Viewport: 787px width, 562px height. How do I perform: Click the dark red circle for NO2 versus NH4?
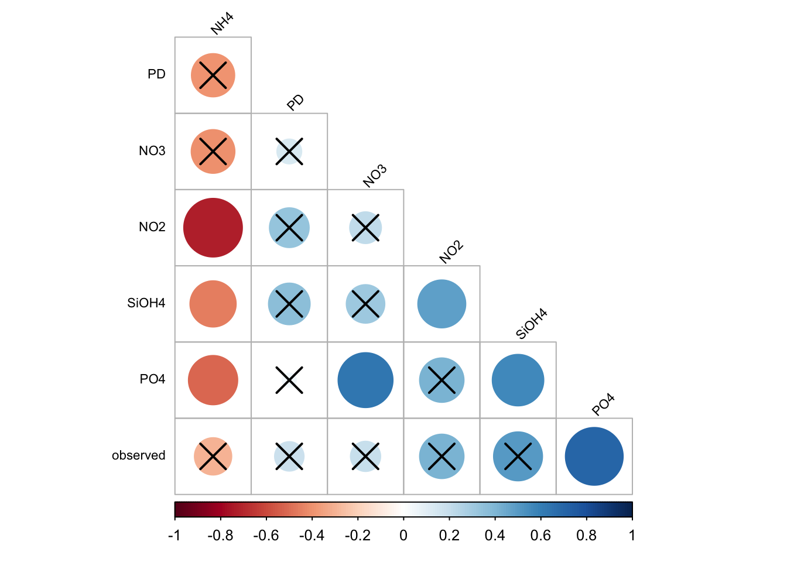[x=213, y=228]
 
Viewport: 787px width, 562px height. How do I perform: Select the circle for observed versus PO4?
[x=594, y=456]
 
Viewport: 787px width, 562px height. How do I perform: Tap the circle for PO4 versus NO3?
[x=365, y=380]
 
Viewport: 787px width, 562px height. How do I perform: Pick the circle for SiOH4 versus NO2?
[x=442, y=304]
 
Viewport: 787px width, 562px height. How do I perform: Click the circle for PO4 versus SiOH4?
[x=518, y=380]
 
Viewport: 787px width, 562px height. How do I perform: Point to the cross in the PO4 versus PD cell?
[x=289, y=380]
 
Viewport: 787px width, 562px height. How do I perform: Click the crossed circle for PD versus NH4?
[x=213, y=76]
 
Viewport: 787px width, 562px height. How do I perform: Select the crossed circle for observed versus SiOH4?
[x=518, y=456]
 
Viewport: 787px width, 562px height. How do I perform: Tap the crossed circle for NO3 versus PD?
[x=289, y=152]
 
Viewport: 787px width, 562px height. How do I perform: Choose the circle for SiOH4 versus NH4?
[x=213, y=304]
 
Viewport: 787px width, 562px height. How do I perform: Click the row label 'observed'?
[x=139, y=455]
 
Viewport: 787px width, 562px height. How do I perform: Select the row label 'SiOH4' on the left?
[x=146, y=303]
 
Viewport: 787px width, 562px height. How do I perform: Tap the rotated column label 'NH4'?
[x=222, y=24]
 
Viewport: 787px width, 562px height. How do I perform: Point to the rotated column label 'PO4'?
[x=603, y=405]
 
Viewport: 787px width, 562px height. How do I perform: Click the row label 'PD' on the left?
[x=156, y=74]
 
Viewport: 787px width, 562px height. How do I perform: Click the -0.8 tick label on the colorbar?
[x=220, y=536]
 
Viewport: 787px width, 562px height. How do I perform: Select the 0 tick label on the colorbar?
[x=403, y=536]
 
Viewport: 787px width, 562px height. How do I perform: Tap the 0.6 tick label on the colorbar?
[x=540, y=536]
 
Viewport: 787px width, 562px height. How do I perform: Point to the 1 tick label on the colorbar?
[x=632, y=536]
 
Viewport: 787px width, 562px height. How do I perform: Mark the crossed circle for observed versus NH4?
[x=213, y=456]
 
